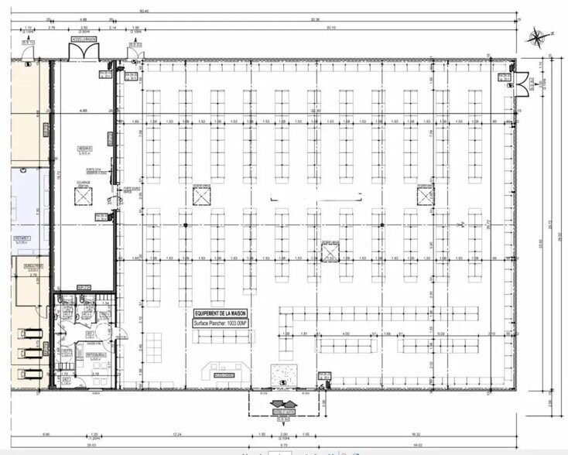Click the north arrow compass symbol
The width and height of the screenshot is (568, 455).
536,36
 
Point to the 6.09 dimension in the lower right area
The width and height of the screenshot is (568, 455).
440,334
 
